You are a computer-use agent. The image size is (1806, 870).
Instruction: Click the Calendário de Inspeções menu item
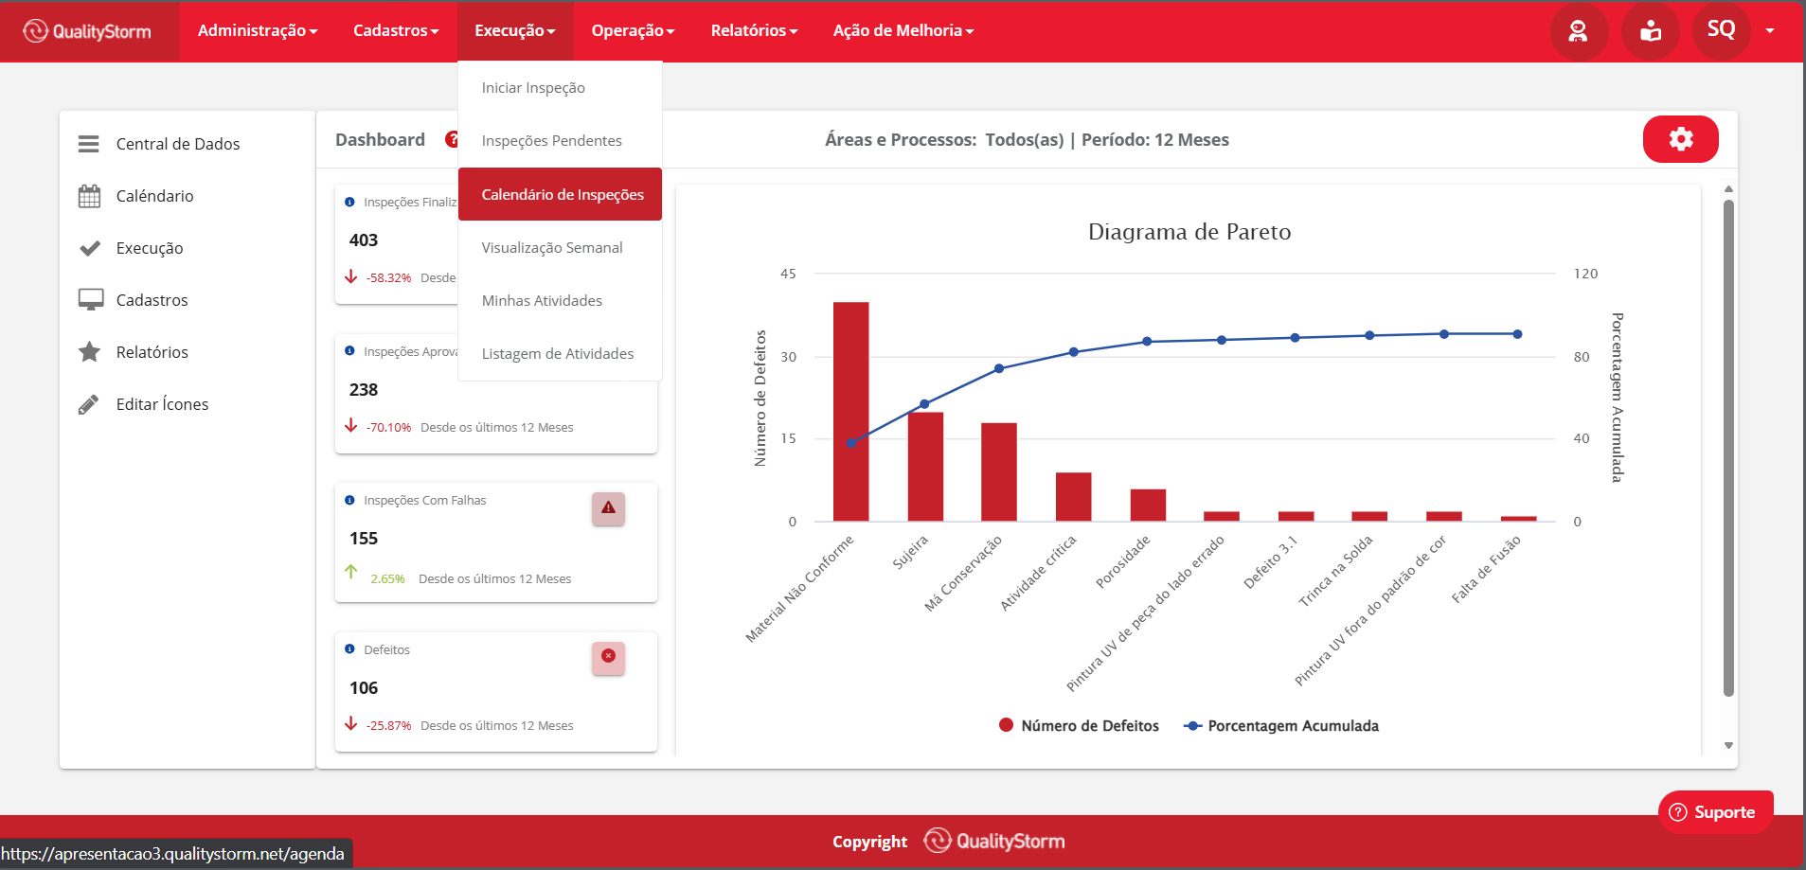pyautogui.click(x=562, y=194)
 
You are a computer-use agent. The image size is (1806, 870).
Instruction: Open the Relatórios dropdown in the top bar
pyautogui.click(x=754, y=30)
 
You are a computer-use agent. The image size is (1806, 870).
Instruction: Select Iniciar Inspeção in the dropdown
pyautogui.click(x=533, y=88)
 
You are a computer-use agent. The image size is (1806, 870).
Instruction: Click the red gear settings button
pyautogui.click(x=1680, y=139)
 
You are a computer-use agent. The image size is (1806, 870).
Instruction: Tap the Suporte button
pyautogui.click(x=1715, y=812)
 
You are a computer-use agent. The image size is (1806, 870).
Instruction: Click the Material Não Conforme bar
pyautogui.click(x=850, y=412)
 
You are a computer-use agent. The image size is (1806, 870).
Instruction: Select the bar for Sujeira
pyautogui.click(x=925, y=467)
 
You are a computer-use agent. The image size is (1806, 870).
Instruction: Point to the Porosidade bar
pyautogui.click(x=1148, y=506)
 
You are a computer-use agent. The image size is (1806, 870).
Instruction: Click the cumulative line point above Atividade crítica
pyautogui.click(x=1073, y=352)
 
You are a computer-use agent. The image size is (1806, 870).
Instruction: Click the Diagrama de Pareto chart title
pyautogui.click(x=1189, y=232)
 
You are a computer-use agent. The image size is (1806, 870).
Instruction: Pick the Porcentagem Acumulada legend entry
pyautogui.click(x=1281, y=726)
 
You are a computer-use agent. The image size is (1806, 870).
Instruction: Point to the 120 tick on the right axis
pyautogui.click(x=1585, y=274)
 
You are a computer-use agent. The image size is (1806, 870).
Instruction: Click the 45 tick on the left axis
pyautogui.click(x=788, y=274)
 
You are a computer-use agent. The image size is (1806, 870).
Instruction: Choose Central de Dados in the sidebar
pyautogui.click(x=178, y=144)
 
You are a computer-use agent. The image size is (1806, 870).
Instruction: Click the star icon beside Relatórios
pyautogui.click(x=89, y=352)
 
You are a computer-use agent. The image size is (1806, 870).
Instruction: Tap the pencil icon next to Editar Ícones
pyautogui.click(x=88, y=405)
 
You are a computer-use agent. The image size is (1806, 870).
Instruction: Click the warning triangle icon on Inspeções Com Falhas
pyautogui.click(x=608, y=508)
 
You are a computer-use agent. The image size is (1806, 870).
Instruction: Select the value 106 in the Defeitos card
pyautogui.click(x=364, y=688)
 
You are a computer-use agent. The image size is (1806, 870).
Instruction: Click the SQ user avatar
pyautogui.click(x=1721, y=30)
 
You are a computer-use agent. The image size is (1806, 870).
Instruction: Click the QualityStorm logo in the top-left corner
pyautogui.click(x=87, y=31)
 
